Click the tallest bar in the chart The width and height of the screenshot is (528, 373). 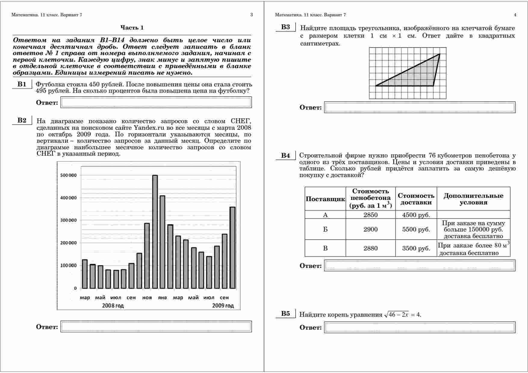point(155,232)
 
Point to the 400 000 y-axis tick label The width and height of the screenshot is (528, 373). point(68,198)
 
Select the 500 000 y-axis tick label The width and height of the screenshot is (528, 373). point(68,175)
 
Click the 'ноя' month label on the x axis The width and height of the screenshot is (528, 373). point(147,297)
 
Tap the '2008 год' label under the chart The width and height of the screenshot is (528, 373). point(113,306)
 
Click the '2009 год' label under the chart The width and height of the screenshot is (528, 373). point(223,306)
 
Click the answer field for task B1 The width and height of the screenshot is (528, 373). point(156,102)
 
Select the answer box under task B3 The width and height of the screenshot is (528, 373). point(420,107)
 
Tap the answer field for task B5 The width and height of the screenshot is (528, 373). point(420,327)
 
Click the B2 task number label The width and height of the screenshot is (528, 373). point(22,120)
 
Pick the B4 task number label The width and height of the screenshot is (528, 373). point(285,156)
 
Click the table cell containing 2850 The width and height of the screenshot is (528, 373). point(370,215)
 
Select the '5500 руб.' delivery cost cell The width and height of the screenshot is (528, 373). point(416,229)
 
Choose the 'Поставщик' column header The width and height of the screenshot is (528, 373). point(325,199)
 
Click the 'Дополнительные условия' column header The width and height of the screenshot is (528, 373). point(473,199)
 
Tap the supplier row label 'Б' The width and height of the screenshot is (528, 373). point(325,229)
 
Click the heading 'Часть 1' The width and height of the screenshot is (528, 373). point(132,28)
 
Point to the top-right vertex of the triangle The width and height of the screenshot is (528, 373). point(439,54)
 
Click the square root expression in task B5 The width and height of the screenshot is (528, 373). point(396,315)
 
